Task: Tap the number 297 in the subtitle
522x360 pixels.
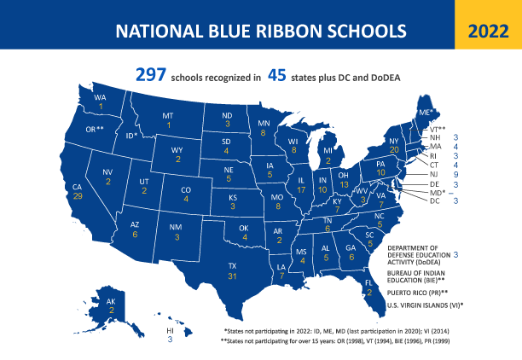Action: point(150,76)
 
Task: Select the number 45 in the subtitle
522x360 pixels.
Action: point(276,76)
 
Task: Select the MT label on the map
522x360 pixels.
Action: point(168,115)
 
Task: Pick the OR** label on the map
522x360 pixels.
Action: point(95,129)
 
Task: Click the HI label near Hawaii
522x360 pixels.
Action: point(170,329)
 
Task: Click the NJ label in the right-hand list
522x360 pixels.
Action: point(434,173)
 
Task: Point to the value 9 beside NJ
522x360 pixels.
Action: point(456,173)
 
